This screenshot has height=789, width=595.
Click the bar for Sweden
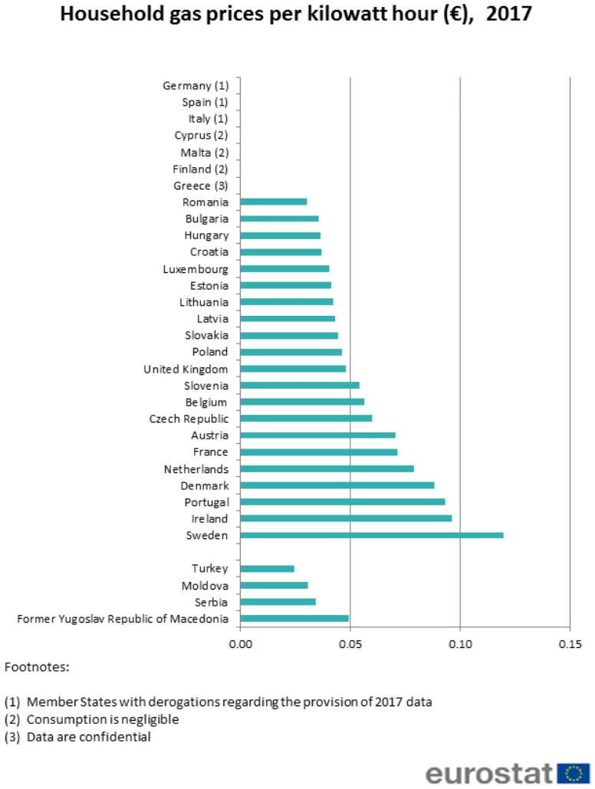372,535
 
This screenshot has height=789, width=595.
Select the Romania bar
274,202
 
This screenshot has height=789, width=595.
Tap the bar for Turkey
268,569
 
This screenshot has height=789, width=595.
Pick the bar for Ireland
346,518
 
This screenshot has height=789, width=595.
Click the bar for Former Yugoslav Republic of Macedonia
294,619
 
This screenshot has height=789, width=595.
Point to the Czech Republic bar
306,419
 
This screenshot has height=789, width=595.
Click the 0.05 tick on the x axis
350,643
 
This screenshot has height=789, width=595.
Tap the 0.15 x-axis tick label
570,643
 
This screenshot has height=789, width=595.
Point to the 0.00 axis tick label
241,643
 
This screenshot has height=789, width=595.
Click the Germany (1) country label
196,86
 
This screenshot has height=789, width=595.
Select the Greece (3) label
201,186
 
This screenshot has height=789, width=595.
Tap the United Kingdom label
186,369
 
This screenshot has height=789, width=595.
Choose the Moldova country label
205,586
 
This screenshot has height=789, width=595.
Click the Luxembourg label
196,269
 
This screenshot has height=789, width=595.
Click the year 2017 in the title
508,14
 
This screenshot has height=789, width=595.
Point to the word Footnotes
37,667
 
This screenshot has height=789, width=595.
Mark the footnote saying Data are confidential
88,737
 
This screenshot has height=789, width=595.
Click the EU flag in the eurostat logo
573,772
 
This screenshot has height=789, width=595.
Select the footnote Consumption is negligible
102,719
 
